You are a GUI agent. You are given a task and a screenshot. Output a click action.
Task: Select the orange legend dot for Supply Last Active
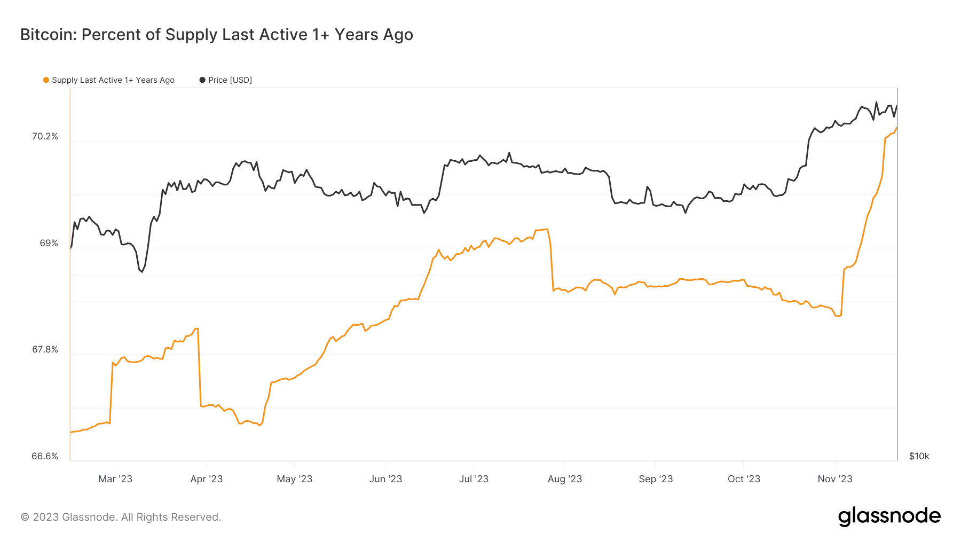click(x=46, y=80)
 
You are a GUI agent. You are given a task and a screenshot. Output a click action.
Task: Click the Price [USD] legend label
click(x=230, y=80)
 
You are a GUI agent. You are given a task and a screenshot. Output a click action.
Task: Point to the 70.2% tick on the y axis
click(x=45, y=137)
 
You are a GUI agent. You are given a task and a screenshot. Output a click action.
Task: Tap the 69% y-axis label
click(x=49, y=244)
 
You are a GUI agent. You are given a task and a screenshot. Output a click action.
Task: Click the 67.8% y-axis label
click(x=45, y=350)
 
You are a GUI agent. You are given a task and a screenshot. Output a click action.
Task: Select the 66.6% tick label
click(x=45, y=456)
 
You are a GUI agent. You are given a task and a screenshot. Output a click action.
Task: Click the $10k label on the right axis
click(x=919, y=456)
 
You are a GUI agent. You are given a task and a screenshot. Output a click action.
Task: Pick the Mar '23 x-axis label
click(x=115, y=479)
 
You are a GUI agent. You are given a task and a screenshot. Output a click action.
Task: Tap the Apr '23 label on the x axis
click(x=207, y=479)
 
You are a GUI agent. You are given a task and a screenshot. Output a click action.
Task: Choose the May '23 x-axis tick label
click(x=294, y=479)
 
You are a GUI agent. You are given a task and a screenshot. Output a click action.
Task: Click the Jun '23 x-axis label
click(x=385, y=479)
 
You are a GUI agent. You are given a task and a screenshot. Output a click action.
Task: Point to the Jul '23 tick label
click(x=474, y=479)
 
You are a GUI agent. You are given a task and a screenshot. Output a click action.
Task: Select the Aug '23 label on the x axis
click(x=565, y=479)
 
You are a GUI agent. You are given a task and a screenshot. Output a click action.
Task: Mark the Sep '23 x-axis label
click(x=656, y=479)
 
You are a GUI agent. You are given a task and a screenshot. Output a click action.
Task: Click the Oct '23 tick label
click(x=744, y=479)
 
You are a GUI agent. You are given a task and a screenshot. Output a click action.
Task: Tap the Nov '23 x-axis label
click(x=835, y=479)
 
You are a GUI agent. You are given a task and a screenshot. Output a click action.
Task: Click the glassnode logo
click(x=889, y=516)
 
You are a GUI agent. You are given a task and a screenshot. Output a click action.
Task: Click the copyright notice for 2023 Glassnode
click(x=121, y=517)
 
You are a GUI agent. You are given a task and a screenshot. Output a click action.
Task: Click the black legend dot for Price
click(x=202, y=80)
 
